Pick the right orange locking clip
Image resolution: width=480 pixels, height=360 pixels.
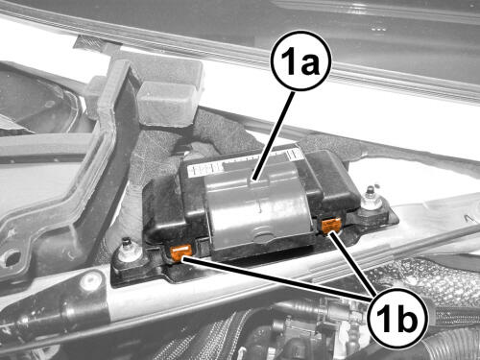(x=331, y=225)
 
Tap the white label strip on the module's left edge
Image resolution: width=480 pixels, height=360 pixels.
(x=204, y=169)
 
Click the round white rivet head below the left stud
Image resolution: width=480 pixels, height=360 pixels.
(x=86, y=280)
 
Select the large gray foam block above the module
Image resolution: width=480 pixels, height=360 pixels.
(x=170, y=103)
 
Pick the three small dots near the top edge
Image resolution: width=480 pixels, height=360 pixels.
(x=378, y=29)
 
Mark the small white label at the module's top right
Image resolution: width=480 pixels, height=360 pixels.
(x=294, y=155)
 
